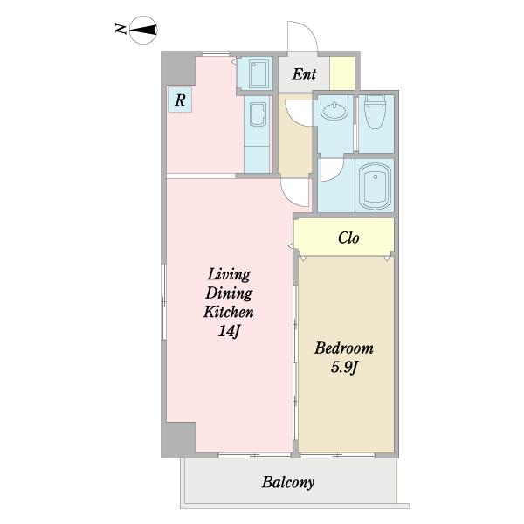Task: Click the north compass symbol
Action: tap(143, 30)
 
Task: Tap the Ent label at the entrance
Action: tap(304, 74)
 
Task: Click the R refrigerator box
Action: tap(180, 100)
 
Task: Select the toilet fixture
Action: tap(375, 112)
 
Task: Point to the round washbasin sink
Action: tap(334, 111)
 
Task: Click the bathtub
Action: tap(375, 187)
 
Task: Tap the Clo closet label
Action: tap(348, 238)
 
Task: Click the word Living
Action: tap(229, 275)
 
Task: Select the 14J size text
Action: tap(229, 331)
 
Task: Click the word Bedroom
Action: tap(344, 348)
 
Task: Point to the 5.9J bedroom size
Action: tap(345, 368)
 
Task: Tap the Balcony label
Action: tap(288, 482)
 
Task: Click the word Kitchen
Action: tap(229, 312)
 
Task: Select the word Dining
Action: tap(229, 293)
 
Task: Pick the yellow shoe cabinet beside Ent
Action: tap(342, 73)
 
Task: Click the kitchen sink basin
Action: tap(257, 114)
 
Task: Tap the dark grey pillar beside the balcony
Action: tap(178, 439)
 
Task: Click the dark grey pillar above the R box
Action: tap(178, 68)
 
